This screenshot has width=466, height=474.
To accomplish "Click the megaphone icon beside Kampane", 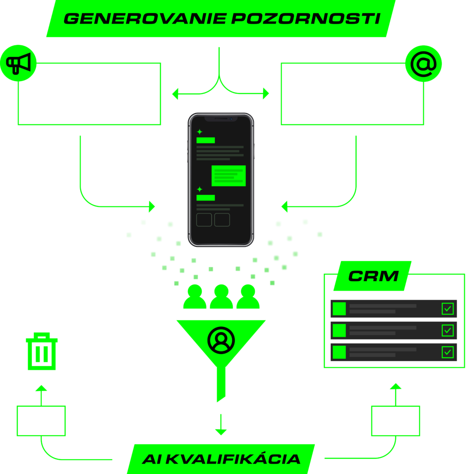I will point(18,63).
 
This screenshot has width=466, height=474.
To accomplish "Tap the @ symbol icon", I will point(423,64).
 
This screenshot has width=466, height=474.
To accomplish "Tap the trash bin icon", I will point(42,351).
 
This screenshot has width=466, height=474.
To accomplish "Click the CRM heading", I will point(373,276).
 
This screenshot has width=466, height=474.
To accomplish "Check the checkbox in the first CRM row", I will point(447,309).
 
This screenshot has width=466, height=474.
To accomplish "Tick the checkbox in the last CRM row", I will point(447,352).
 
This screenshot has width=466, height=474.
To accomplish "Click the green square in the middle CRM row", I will point(340,331).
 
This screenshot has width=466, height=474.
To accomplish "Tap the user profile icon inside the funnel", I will point(221,340).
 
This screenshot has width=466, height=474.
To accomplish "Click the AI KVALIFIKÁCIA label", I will point(221,459).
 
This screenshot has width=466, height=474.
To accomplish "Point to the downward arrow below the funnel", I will point(221,426).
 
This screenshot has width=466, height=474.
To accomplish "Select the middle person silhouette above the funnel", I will point(221,297).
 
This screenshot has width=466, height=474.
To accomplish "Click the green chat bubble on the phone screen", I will point(228,176).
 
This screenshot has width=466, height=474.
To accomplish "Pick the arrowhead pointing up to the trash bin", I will point(41,388).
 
